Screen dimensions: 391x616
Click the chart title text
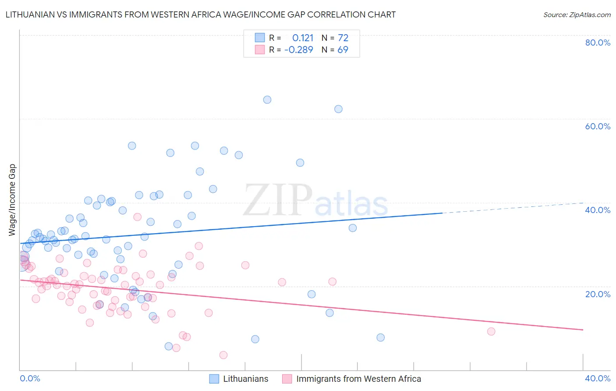201,15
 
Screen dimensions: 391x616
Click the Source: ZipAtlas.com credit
577,15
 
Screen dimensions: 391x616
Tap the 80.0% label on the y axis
598,43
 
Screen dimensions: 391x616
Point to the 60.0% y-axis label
598,126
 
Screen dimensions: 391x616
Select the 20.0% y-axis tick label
598,294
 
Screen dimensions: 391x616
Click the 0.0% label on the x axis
30,378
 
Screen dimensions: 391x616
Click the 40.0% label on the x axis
598,378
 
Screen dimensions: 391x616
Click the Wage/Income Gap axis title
12,199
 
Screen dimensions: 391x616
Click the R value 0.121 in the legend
303,38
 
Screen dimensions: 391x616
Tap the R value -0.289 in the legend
299,50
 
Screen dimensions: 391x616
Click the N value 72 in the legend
343,38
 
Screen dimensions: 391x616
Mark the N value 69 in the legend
343,50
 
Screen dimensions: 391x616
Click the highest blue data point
267,100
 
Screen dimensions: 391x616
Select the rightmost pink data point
491,331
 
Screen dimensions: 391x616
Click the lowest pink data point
223,355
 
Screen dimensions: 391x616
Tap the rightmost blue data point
381,338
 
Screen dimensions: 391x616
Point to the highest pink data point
138,217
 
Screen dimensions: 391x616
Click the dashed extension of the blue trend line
513,208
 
